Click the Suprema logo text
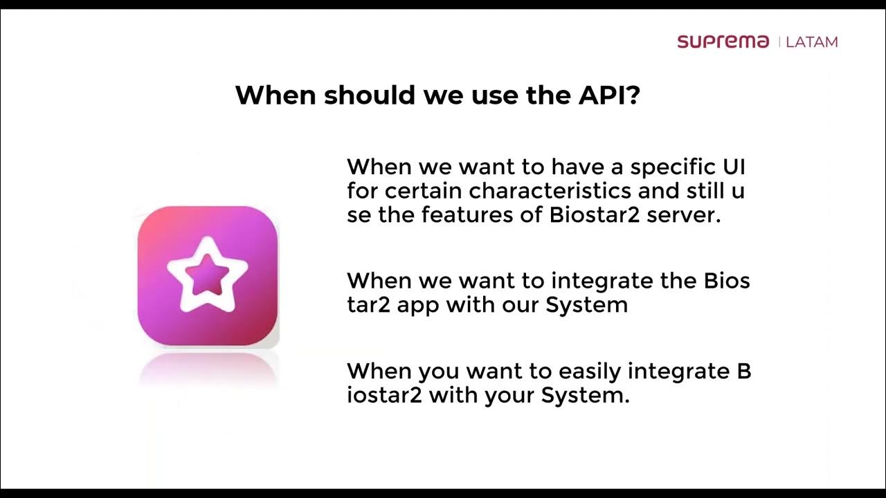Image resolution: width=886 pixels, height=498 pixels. click(x=723, y=41)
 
